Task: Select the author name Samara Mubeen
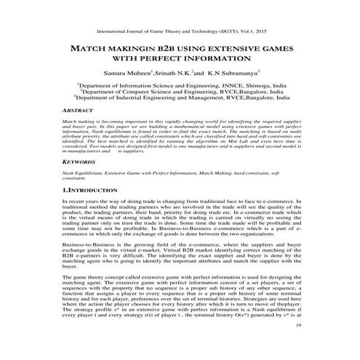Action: [x=130, y=75]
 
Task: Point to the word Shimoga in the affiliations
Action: [x=246, y=87]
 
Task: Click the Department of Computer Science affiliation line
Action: [x=180, y=93]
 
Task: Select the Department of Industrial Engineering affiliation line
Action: [x=180, y=100]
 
